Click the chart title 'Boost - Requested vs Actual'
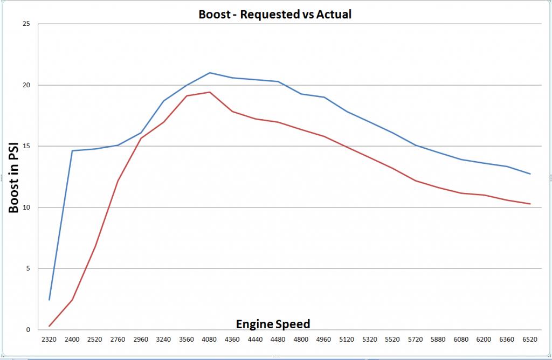pyautogui.click(x=275, y=15)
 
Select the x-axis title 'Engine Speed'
pyautogui.click(x=273, y=324)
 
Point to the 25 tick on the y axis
pyautogui.click(x=26, y=24)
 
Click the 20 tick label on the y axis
pyautogui.click(x=26, y=85)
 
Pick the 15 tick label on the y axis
pyautogui.click(x=26, y=146)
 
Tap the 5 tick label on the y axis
pyautogui.click(x=28, y=268)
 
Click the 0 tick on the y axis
pyautogui.click(x=28, y=330)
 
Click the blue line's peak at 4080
pyautogui.click(x=210, y=73)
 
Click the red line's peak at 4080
pyautogui.click(x=210, y=92)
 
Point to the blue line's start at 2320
pyautogui.click(x=50, y=300)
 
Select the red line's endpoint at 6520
pyautogui.click(x=530, y=204)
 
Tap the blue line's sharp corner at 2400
pyautogui.click(x=72, y=151)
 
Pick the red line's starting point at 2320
pyautogui.click(x=50, y=326)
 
